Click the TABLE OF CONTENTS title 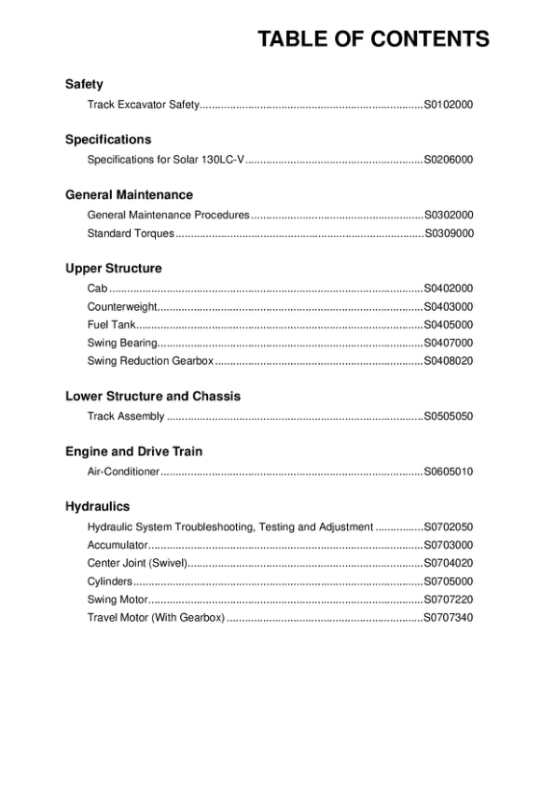373,39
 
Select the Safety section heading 84,84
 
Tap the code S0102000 448,105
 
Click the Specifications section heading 108,139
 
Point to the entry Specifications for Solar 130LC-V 165,160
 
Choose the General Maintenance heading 129,195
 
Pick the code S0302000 448,215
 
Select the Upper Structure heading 113,269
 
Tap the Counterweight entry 122,306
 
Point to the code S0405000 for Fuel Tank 448,325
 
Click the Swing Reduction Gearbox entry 150,360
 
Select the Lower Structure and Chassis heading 153,397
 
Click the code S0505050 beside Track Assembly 448,416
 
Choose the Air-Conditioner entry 123,471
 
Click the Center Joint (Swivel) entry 138,563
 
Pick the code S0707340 448,617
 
